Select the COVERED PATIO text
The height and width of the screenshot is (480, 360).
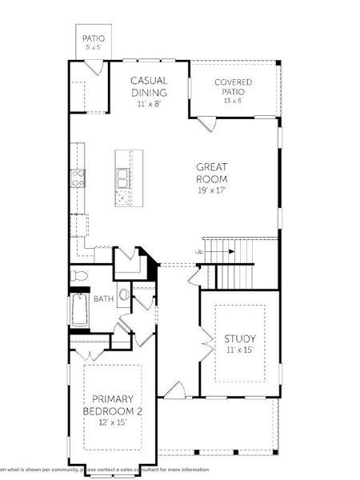click(234, 87)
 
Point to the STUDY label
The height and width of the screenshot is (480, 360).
click(239, 338)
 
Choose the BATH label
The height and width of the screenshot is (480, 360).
click(103, 299)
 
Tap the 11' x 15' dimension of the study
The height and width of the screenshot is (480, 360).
click(239, 350)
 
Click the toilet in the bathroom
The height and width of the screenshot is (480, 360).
click(78, 276)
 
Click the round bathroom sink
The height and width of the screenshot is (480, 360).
click(124, 294)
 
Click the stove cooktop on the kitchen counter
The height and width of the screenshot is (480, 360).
click(78, 175)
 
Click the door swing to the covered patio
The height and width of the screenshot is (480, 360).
click(206, 124)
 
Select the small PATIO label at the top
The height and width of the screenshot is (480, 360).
click(93, 38)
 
